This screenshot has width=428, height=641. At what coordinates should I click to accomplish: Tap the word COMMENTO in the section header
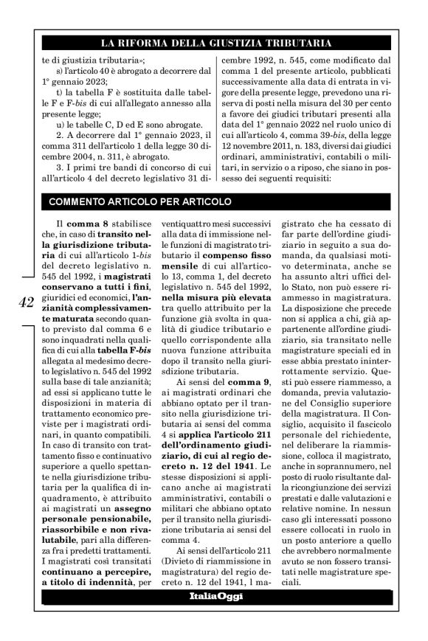[79, 201]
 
